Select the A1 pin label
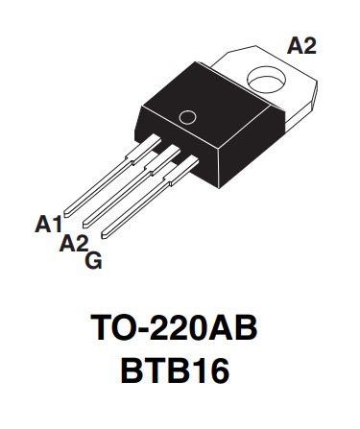coord(48,224)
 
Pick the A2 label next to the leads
coord(74,244)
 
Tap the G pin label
coord(93,260)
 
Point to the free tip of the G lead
coord(105,230)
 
